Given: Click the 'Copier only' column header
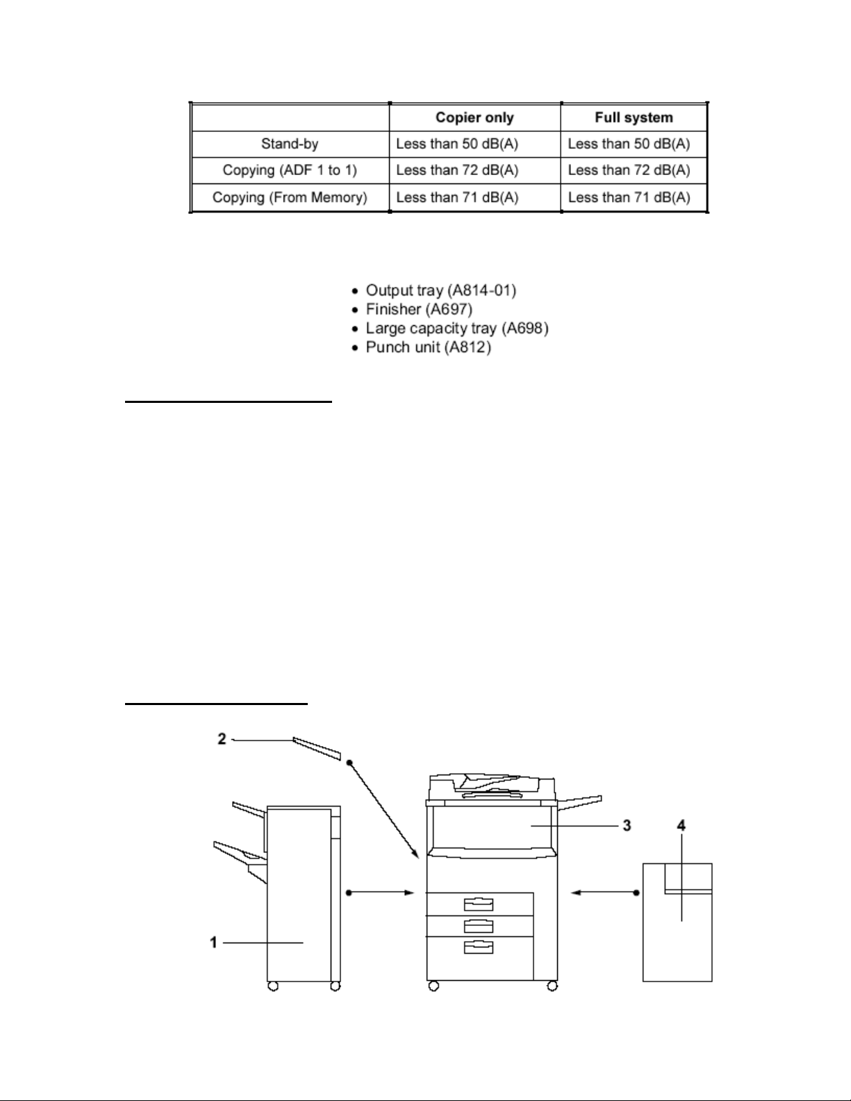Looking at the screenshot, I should (x=474, y=117).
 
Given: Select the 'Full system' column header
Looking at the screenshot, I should (x=634, y=117).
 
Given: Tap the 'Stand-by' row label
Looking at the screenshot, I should (x=290, y=144).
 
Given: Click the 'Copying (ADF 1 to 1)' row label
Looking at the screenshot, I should (x=290, y=170).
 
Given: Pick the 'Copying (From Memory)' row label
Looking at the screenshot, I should (x=290, y=197).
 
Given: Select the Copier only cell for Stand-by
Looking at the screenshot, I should (x=457, y=144).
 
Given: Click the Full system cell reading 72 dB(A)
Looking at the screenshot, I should (x=629, y=170).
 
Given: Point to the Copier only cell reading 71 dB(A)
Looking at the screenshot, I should (x=457, y=197).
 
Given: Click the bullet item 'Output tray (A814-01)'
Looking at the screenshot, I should (x=441, y=290).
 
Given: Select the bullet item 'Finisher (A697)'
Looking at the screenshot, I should (x=419, y=308).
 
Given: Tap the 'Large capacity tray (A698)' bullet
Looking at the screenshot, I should (x=457, y=328).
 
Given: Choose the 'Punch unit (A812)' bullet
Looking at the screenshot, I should (x=428, y=347).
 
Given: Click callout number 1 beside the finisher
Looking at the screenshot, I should (x=214, y=943).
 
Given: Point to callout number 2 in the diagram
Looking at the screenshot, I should (x=222, y=739).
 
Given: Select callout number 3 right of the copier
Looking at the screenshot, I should (x=627, y=826).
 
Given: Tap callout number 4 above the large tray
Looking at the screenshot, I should (x=681, y=825).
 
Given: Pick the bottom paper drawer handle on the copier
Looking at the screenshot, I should (x=478, y=947).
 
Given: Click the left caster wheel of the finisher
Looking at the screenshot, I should (x=273, y=986).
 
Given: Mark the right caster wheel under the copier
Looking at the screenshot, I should (x=552, y=986).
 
